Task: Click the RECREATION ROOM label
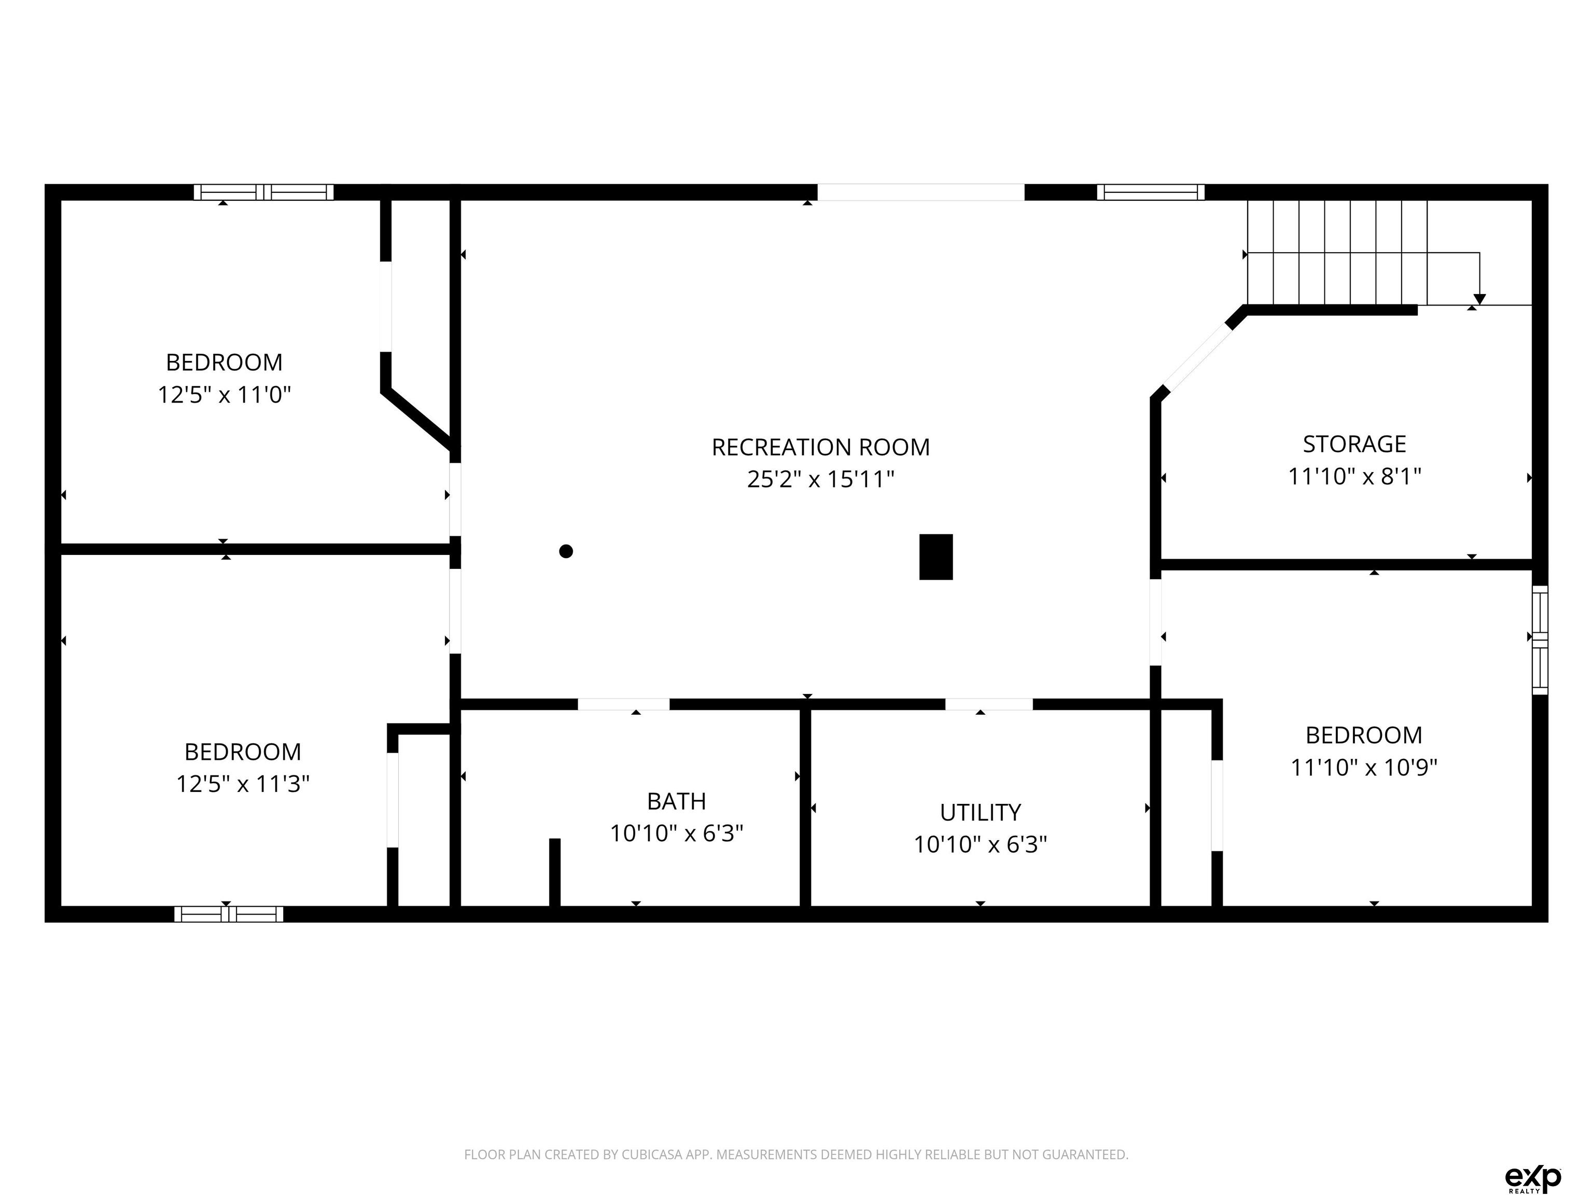pos(820,447)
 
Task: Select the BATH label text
pos(676,801)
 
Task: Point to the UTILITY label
pos(980,813)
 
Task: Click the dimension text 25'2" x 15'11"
pos(820,479)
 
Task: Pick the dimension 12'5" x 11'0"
pos(224,395)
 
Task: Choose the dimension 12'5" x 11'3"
pos(243,784)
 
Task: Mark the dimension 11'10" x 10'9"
pos(1363,767)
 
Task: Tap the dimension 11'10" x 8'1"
pos(1354,476)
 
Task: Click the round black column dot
pos(566,551)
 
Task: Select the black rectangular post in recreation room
pos(935,557)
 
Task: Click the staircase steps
pos(1337,252)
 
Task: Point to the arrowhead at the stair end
pos(1479,299)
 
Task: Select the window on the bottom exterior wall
pos(229,914)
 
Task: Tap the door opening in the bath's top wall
pos(624,704)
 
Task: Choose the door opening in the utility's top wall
pos(989,704)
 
